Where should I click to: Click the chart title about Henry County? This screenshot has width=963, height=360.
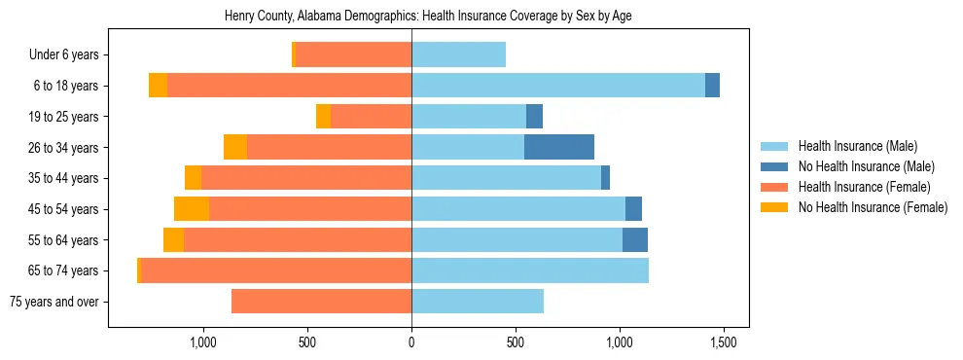point(429,17)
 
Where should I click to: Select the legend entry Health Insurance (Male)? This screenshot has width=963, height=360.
point(857,146)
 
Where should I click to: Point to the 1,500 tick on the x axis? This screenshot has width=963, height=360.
point(724,343)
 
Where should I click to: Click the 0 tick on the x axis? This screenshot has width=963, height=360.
point(411,343)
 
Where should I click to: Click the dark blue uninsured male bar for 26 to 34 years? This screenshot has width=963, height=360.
point(559,147)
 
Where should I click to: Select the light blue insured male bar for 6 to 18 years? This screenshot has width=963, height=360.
point(558,86)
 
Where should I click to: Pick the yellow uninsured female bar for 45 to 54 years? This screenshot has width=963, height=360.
point(192,209)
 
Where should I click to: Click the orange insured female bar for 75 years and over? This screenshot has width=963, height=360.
point(321,302)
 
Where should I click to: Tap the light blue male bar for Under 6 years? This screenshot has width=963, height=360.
point(458,55)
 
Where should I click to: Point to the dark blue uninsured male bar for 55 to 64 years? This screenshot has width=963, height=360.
point(635,239)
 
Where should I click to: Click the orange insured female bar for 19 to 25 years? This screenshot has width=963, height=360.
point(371,117)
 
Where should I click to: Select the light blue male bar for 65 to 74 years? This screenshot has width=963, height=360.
point(530,270)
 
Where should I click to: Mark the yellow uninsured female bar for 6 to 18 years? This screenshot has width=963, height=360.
point(158,86)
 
